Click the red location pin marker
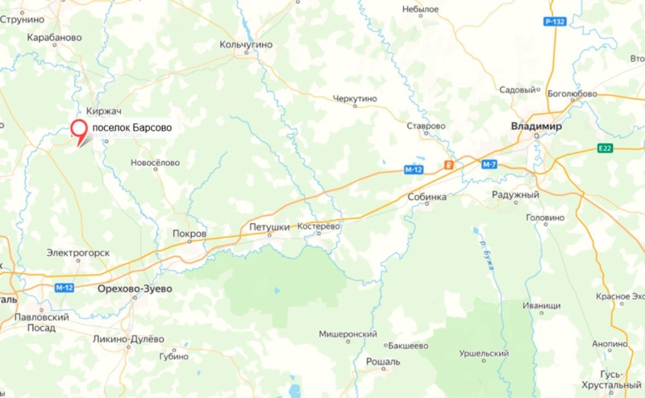tap(79, 131)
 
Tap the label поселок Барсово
tap(132, 127)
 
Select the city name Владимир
tap(536, 126)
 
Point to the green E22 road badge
tap(606, 147)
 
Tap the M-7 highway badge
tap(489, 164)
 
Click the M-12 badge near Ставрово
tap(414, 169)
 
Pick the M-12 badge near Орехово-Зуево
tap(65, 288)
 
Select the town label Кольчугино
tap(246, 44)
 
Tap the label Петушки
tap(269, 227)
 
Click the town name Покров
tap(189, 234)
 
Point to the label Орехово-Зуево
tap(134, 288)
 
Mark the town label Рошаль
tap(382, 362)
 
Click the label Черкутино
tap(355, 99)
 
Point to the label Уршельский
tap(484, 354)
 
